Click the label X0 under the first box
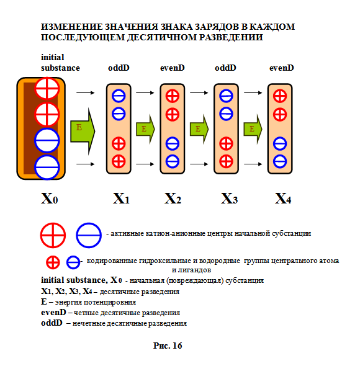(50, 199)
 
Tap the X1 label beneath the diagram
(121, 199)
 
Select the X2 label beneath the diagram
(173, 199)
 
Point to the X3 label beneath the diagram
(229, 199)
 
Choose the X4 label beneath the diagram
(283, 199)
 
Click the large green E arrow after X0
(83, 131)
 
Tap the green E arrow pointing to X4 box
(253, 129)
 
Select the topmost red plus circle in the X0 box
(47, 89)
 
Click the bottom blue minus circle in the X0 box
(47, 167)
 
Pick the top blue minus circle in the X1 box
(119, 96)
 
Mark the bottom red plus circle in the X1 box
(119, 161)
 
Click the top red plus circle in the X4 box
(280, 96)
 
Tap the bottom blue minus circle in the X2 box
(173, 161)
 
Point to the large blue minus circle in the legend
(89, 235)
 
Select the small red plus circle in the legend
(53, 262)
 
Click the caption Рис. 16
(168, 346)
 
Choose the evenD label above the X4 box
(282, 68)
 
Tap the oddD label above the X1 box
(119, 68)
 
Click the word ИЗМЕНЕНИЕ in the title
(72, 27)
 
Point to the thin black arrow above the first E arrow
(85, 93)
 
